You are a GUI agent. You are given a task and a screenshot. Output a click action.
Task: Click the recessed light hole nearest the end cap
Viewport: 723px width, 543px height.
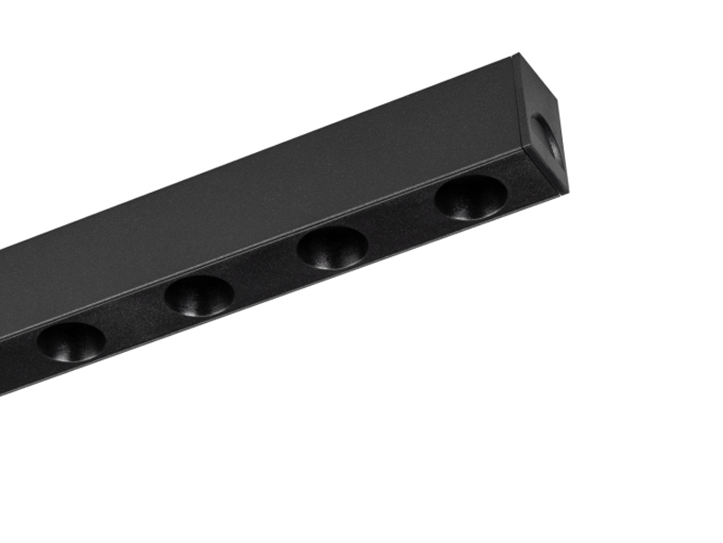471,196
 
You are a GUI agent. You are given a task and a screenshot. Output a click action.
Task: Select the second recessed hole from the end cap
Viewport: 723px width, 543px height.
333,247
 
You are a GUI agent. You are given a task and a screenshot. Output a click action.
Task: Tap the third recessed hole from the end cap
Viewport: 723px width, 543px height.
199,295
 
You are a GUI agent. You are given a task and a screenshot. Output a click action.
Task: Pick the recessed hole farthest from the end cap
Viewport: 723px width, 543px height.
70,341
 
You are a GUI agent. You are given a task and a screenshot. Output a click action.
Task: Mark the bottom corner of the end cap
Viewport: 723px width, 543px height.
566,191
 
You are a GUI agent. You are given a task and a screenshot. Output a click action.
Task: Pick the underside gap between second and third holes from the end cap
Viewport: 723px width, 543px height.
267,272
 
